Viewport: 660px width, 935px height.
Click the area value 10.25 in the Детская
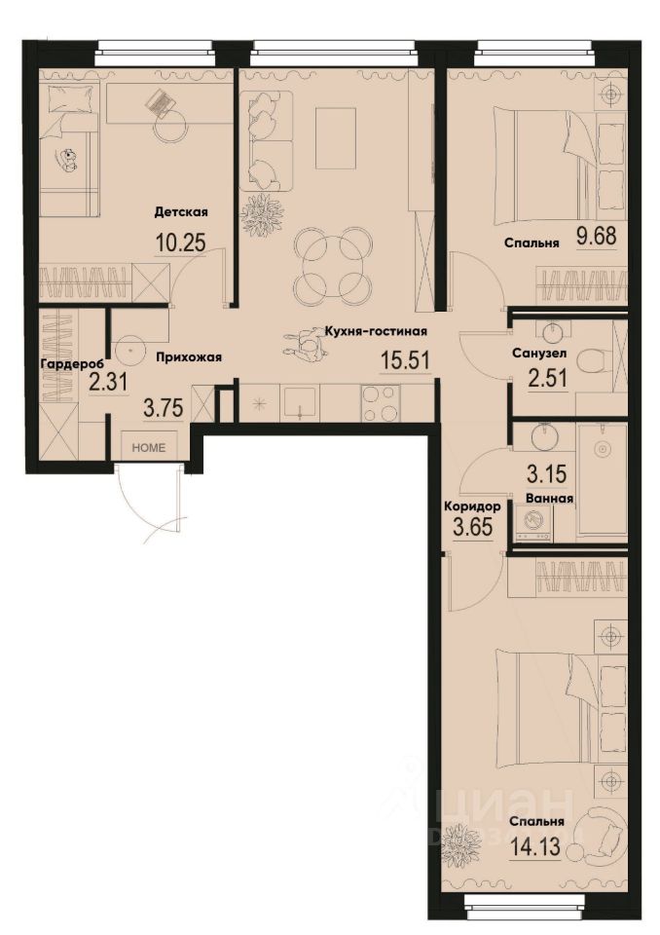click(x=181, y=243)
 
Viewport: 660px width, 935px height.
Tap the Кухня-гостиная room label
click(x=377, y=331)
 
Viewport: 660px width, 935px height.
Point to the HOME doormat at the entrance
click(x=149, y=447)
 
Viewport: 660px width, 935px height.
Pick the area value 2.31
click(x=107, y=384)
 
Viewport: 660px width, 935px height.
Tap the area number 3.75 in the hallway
click(x=164, y=410)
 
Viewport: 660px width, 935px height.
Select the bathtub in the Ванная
click(x=601, y=479)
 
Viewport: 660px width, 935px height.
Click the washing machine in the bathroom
click(x=534, y=523)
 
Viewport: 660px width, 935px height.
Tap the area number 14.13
click(x=534, y=842)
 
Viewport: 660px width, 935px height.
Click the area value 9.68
click(x=596, y=237)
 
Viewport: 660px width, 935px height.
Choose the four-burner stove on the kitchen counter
click(x=381, y=403)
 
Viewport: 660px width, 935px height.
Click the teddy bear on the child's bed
click(x=70, y=160)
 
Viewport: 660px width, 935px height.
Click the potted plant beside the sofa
click(x=261, y=214)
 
